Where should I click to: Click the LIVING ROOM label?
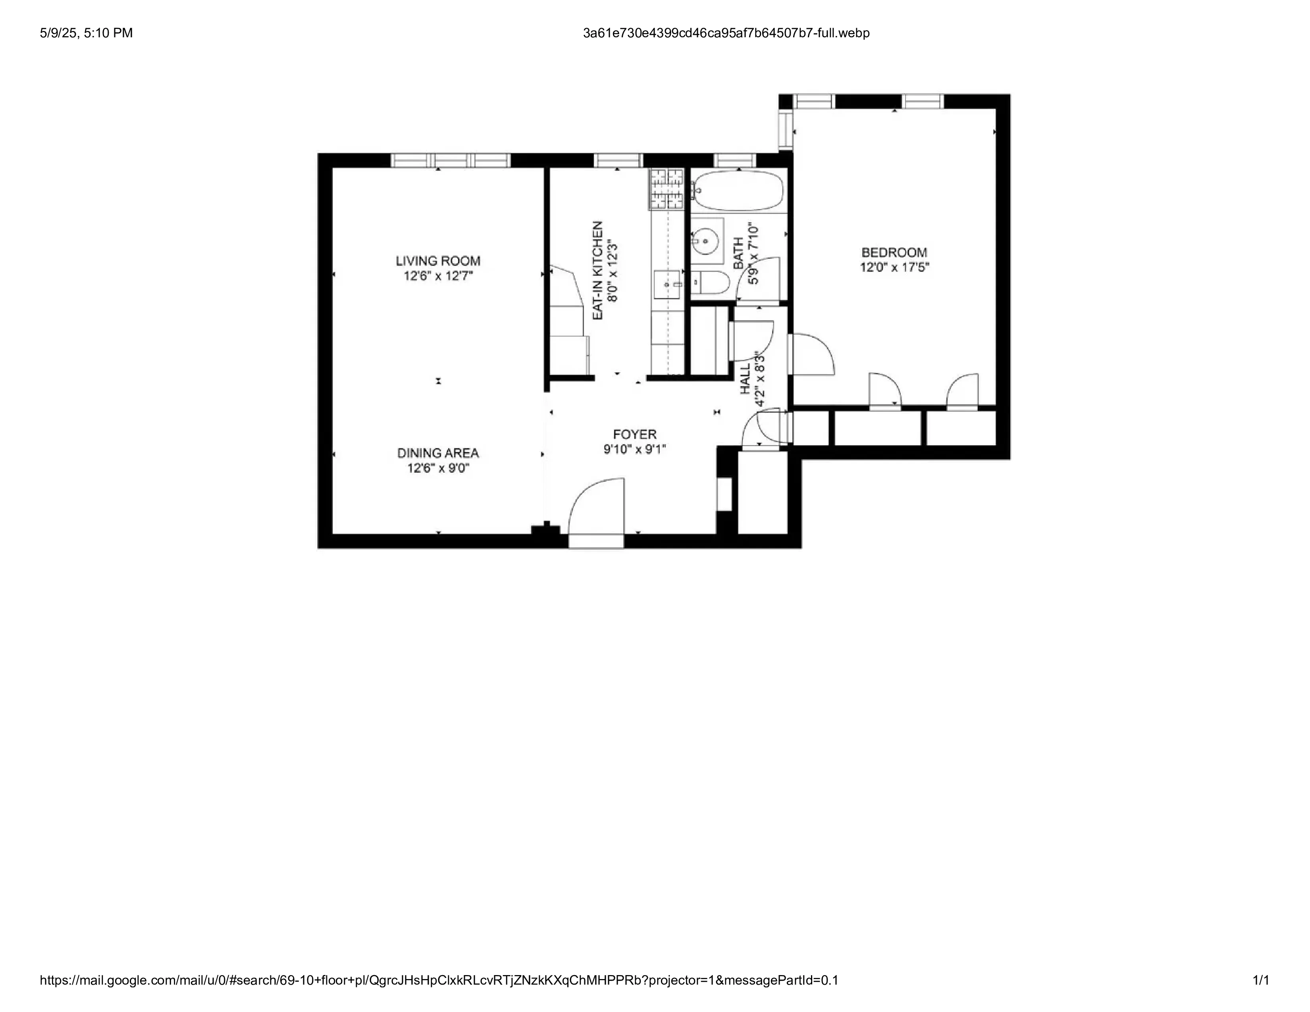click(x=438, y=261)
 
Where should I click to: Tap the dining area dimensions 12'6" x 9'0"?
click(x=438, y=468)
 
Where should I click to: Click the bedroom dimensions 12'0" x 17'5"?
click(x=894, y=267)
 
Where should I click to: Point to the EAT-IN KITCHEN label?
click(x=597, y=270)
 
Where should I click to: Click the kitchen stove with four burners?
click(x=667, y=189)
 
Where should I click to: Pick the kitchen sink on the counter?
click(x=668, y=284)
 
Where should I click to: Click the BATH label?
click(x=738, y=253)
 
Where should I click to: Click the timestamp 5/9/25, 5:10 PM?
click(x=87, y=33)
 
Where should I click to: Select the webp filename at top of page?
click(x=726, y=33)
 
